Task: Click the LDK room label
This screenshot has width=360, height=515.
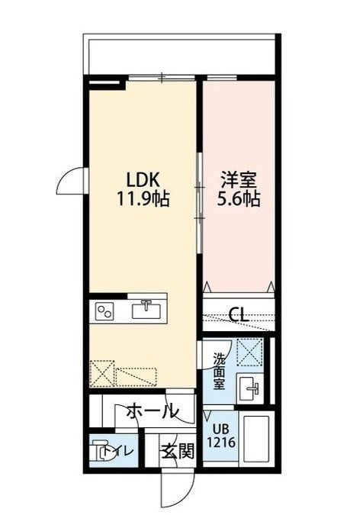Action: pos(142,180)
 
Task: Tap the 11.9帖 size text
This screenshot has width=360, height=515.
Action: pos(142,201)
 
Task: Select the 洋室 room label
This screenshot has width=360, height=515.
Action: pos(238,180)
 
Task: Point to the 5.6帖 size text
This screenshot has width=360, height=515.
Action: pos(238,201)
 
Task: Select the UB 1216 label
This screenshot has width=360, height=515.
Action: pos(220,434)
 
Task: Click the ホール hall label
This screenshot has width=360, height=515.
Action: pos(152,412)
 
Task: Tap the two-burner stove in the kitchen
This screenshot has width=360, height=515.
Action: pos(104,311)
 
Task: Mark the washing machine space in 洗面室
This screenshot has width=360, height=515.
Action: pos(249,353)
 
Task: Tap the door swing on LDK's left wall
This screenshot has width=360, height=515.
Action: pos(72,181)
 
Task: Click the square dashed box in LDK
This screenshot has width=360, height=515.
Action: pos(101,375)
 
